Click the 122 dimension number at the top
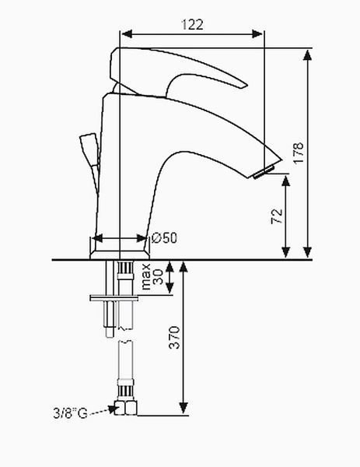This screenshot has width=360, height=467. point(193,24)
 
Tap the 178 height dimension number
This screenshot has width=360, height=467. point(299,153)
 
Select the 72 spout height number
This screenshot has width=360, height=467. point(277,216)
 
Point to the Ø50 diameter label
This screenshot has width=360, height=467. point(164,237)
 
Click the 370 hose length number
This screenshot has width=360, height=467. point(174,338)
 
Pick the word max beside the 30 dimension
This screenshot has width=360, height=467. point(146,276)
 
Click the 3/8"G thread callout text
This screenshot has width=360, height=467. point(70,413)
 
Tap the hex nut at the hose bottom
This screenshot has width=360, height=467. point(126,408)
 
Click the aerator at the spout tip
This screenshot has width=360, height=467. point(263,173)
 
